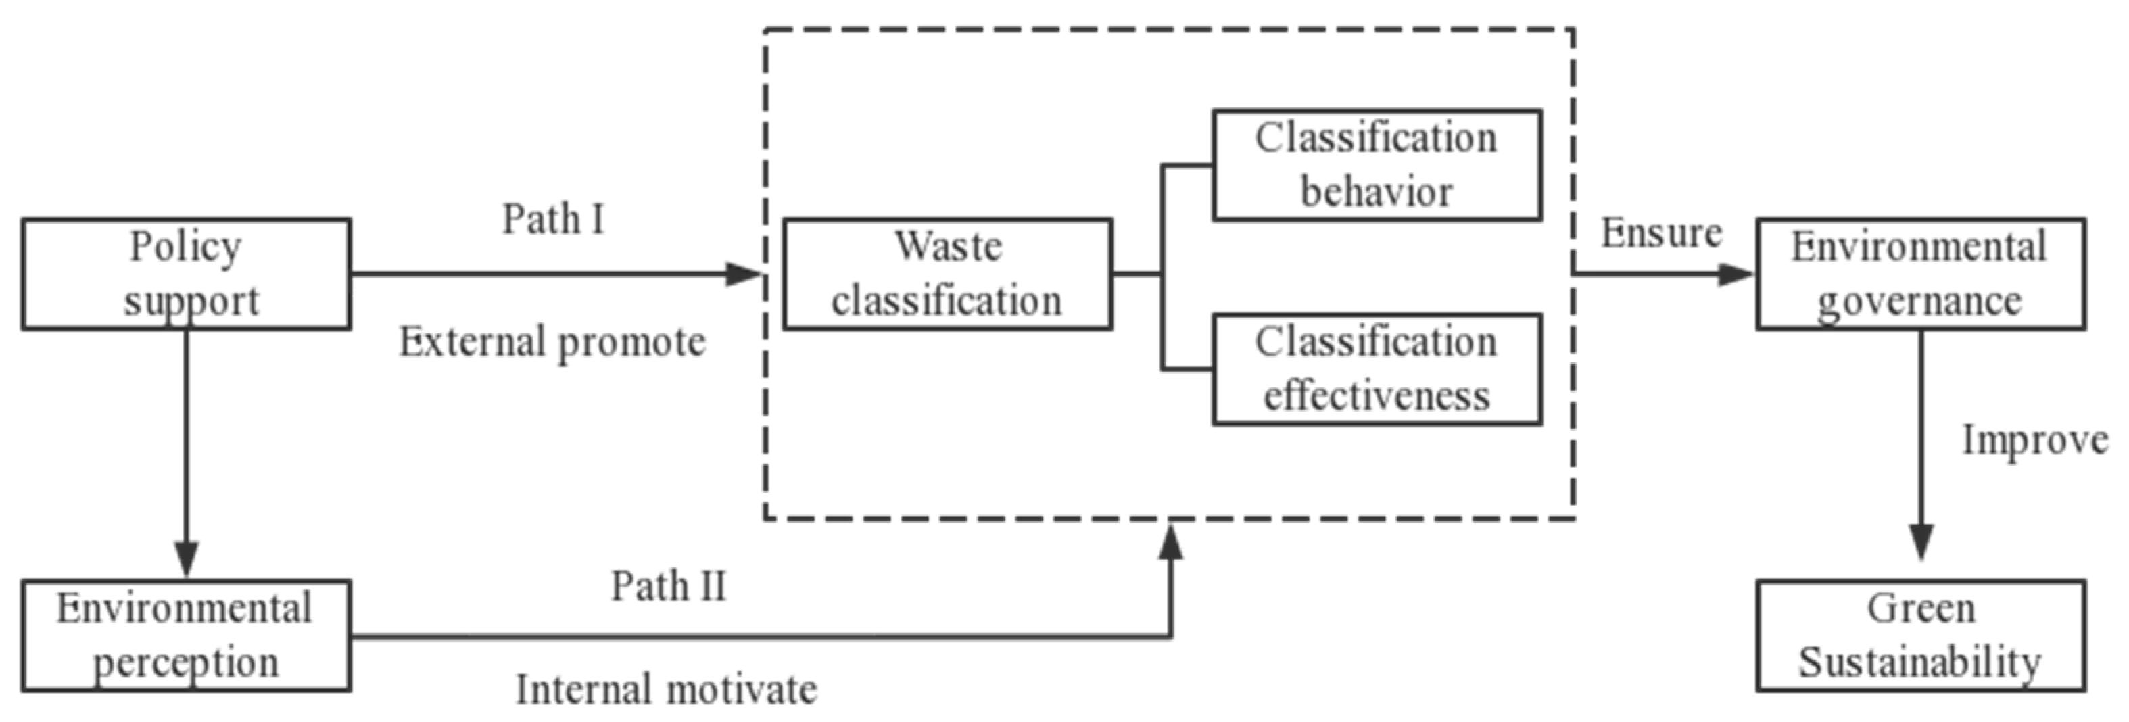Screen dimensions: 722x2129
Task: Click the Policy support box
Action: pos(186,273)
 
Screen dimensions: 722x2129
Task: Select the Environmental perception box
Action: pos(186,635)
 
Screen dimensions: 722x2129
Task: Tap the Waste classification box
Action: pos(947,273)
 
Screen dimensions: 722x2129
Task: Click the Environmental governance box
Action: pos(1920,273)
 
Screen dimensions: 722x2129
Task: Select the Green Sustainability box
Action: pos(1920,635)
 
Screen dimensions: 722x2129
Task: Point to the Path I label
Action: pos(554,220)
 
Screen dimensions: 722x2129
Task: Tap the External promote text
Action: pos(552,342)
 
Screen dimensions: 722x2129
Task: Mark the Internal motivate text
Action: pos(666,689)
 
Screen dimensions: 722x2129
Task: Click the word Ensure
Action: pos(1661,233)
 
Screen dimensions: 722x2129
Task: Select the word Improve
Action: pos(2035,439)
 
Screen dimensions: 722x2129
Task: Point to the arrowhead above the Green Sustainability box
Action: pos(1921,543)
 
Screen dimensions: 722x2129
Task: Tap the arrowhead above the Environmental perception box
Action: pos(187,558)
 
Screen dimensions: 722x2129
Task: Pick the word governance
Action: pos(1919,301)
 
